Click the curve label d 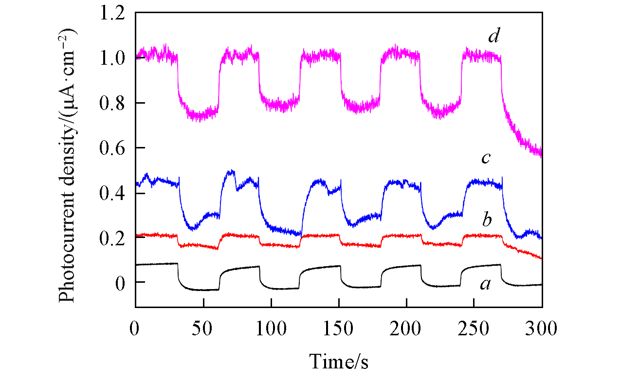click(494, 37)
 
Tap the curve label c click(485, 159)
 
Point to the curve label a click(485, 285)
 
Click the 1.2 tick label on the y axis click(113, 14)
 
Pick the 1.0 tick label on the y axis click(113, 58)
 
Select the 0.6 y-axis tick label click(113, 148)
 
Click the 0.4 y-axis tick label click(113, 193)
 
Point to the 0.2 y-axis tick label click(113, 238)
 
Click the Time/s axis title click(339, 362)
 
